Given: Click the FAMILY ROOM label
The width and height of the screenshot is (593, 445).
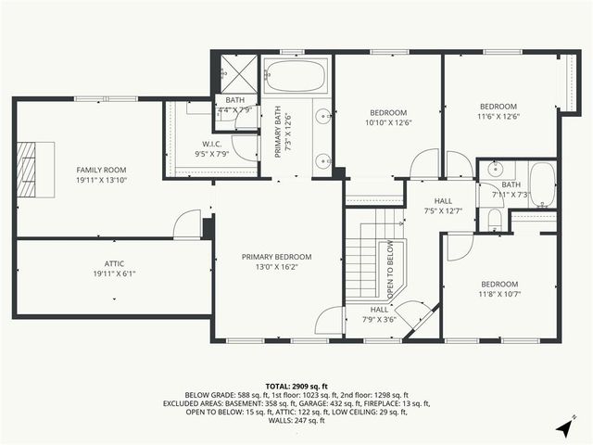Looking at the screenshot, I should point(101,170).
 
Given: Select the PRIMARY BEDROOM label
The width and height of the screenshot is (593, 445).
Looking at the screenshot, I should point(276,257).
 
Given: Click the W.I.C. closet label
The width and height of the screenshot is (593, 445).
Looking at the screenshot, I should point(210,144).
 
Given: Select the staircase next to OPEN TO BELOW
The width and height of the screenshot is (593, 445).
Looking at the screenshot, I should point(363,262).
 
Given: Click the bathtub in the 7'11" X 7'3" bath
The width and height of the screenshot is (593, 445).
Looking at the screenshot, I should point(541,183).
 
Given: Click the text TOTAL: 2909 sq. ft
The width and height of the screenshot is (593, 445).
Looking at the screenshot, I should point(296,386).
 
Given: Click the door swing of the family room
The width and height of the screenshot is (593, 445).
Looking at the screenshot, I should point(187,222).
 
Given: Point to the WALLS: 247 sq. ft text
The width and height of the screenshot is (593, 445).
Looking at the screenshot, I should point(296,421).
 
